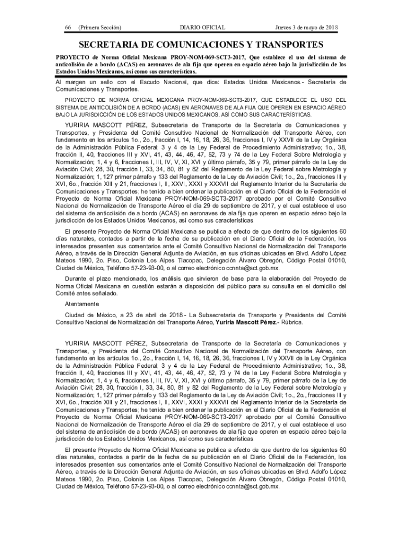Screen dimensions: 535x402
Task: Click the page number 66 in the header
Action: coord(68,27)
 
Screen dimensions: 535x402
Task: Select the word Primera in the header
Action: coord(90,27)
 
